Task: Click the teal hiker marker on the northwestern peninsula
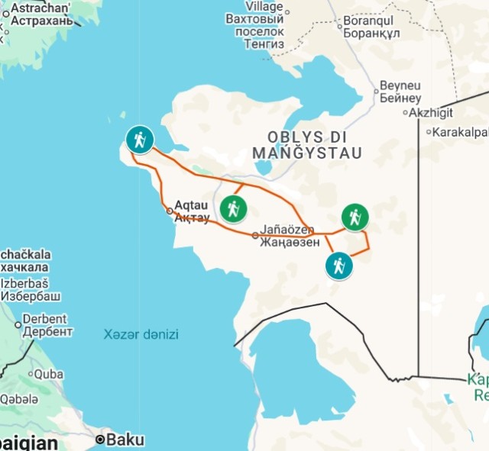pos(139,140)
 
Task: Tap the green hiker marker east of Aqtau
pos(233,208)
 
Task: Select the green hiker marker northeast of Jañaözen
pos(355,217)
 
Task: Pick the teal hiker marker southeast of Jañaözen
pos(338,266)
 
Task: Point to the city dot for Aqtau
pos(170,211)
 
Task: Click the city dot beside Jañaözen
pos(255,235)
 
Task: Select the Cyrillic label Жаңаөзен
pos(289,243)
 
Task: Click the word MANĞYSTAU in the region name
pos(307,153)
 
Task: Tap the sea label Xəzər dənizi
pos(141,334)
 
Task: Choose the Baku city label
pos(125,440)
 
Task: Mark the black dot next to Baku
pos(100,440)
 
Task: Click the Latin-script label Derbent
pos(46,319)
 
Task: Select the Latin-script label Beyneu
pos(400,86)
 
